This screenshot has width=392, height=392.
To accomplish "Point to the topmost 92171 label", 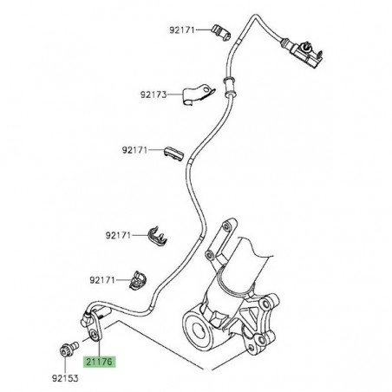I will [184, 30].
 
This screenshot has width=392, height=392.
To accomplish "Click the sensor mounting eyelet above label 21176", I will [94, 334].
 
